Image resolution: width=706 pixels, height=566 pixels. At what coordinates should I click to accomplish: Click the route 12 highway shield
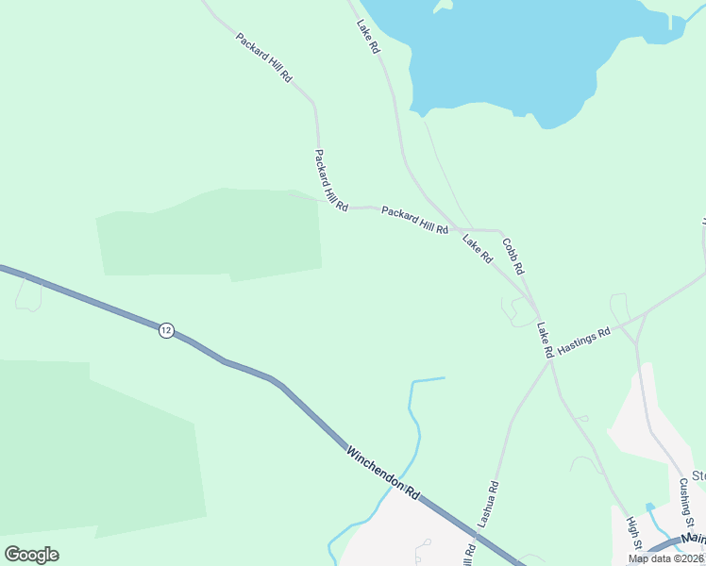click(166, 330)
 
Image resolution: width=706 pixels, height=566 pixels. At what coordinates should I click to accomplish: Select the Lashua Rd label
click(487, 504)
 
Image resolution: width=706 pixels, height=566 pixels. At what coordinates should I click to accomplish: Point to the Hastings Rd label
click(584, 341)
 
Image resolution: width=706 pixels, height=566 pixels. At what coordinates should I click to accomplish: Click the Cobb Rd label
click(513, 256)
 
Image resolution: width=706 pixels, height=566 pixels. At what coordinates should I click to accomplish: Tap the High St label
click(635, 533)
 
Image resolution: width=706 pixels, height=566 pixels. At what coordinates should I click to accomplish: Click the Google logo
click(31, 555)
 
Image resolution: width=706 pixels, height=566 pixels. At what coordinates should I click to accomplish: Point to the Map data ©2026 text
click(666, 558)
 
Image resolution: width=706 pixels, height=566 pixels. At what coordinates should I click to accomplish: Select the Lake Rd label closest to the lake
click(368, 36)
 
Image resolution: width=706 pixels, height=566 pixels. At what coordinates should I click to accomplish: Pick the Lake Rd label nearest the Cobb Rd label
click(478, 248)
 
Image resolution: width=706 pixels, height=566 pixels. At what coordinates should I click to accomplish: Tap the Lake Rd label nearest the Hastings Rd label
click(544, 340)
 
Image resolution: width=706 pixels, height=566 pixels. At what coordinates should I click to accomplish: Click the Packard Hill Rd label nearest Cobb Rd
click(414, 221)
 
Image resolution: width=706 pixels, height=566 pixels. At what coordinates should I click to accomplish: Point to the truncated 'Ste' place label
click(698, 475)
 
